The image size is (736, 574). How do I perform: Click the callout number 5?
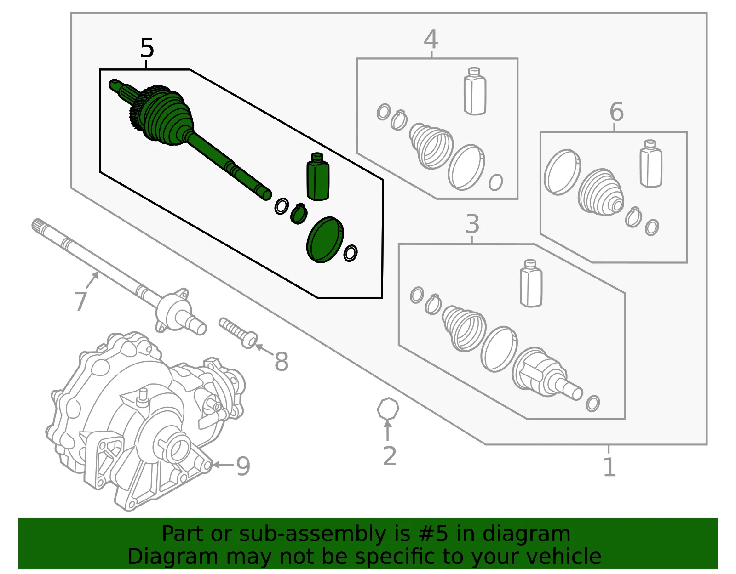[x=147, y=48]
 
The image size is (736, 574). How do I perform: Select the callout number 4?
[x=431, y=39]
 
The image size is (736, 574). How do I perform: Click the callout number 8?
[x=282, y=362]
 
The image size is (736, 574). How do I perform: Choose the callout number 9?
[x=243, y=466]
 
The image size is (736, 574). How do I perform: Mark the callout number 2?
[x=390, y=456]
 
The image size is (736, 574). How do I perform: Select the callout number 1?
[x=609, y=467]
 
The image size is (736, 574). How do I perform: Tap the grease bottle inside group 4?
[x=475, y=91]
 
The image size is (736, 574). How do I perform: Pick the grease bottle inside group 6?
[x=650, y=164]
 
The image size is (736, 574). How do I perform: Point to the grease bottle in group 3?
[x=531, y=283]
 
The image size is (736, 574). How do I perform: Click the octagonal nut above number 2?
[x=388, y=409]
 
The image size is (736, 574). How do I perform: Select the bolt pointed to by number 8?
[x=238, y=333]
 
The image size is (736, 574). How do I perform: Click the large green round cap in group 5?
[x=325, y=240]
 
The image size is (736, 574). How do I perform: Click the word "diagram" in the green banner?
[x=526, y=534]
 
